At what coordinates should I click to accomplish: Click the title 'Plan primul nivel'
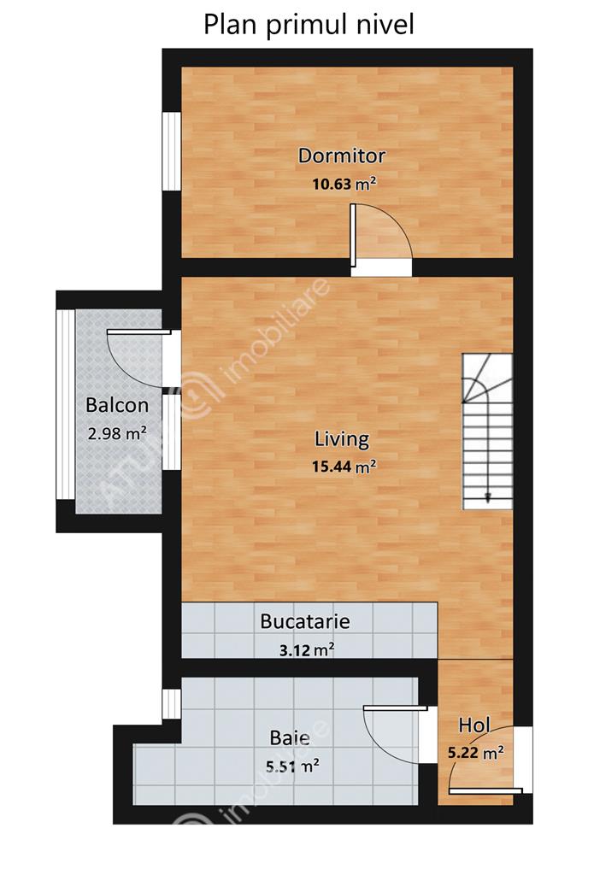coord(309,26)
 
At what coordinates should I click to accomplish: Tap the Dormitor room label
coord(342,156)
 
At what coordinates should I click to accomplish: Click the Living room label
coord(342,439)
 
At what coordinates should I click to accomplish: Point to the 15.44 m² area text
coord(344,466)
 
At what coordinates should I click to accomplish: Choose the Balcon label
coord(117,405)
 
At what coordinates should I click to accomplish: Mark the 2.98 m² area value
coord(117,433)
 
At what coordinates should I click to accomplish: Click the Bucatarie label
coord(305,622)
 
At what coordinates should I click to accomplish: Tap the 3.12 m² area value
coord(307,650)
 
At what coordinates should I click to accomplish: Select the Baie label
coord(290,737)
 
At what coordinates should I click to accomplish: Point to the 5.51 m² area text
coord(292,766)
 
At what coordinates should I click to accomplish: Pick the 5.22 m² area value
coord(476,753)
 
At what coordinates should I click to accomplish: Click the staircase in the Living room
coord(487,432)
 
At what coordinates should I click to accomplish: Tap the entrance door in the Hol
coord(486,760)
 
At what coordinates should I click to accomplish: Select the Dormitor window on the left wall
coord(172,152)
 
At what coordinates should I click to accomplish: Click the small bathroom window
coord(172,704)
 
